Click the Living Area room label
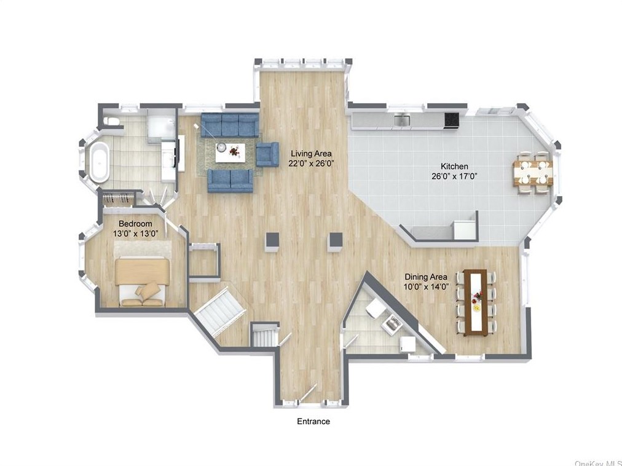[x=311, y=154]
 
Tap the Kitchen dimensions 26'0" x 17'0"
[x=454, y=176]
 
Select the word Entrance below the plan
[x=313, y=421]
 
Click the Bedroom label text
[x=135, y=224]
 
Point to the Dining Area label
[x=426, y=277]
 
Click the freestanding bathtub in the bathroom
[x=99, y=162]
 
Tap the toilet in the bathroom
[x=112, y=120]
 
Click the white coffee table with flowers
[x=230, y=152]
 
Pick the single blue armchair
[x=267, y=154]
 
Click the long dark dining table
[x=475, y=302]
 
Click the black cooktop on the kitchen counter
[x=451, y=120]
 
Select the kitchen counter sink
[x=401, y=120]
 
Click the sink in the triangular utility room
[x=392, y=323]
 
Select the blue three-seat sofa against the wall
[x=230, y=125]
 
